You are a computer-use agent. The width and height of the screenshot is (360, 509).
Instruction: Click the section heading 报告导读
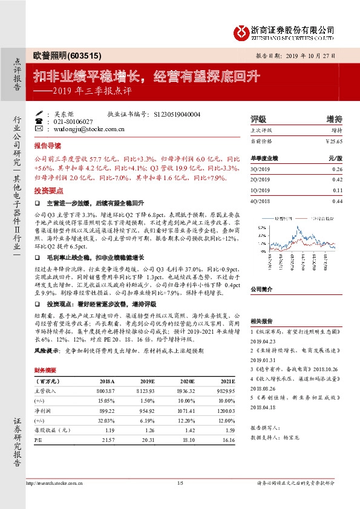tap(47, 146)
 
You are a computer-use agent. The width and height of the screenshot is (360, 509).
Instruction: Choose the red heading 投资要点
tap(47, 190)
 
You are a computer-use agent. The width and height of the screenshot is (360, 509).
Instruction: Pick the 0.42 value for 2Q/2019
tap(338, 180)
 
